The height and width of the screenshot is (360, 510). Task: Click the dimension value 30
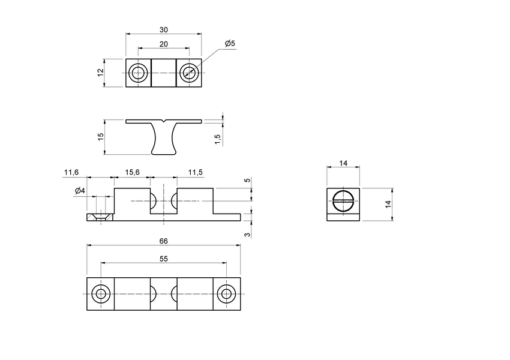pos(164,29)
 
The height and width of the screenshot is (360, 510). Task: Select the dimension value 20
pos(164,44)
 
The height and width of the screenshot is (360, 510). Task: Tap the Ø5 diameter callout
pos(230,44)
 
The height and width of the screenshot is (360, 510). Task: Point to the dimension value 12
pos(101,73)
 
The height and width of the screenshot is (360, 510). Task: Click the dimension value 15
pos(101,137)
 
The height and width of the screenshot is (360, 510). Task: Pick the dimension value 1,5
pos(218,138)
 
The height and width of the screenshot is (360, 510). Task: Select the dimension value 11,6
pos(71,172)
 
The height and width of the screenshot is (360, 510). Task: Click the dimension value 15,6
pos(132,172)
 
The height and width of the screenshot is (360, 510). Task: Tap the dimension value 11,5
pos(195,172)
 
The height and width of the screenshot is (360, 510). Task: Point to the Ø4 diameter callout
pos(80,191)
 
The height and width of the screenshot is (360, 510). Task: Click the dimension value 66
pos(164,241)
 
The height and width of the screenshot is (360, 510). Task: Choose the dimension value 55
pos(164,259)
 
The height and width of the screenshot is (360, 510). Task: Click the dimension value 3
pos(247,233)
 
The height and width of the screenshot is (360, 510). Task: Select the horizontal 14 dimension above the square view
pos(343,163)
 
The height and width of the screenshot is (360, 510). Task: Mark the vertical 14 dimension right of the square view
pos(388,205)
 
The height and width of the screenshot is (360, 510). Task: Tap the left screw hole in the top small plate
pos(139,73)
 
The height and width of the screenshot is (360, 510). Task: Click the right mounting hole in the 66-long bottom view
pos(226,294)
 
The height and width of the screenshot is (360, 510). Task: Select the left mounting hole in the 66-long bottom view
pos(101,294)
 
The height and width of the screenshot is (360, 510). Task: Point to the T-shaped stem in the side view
pos(164,138)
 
